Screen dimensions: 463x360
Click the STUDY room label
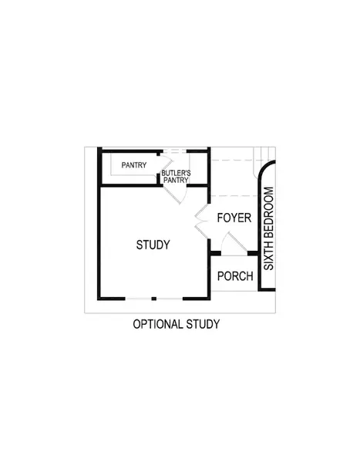153,245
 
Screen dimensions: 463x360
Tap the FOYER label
234,218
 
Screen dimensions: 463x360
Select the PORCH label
235,276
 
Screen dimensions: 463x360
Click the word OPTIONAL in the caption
157,324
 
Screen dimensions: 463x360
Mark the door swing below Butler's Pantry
177,194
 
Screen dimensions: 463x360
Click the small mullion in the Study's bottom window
154,299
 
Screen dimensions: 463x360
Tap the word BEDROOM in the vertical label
269,215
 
